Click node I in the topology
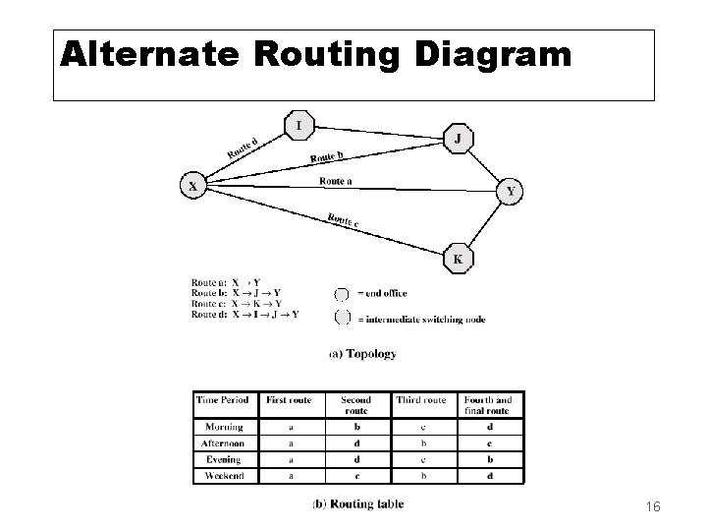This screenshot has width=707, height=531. click(300, 125)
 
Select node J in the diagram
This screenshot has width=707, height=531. click(457, 139)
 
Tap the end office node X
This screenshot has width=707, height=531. click(194, 185)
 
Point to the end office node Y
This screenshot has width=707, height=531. click(509, 191)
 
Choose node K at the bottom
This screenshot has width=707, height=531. click(457, 259)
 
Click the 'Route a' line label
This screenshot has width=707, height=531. click(337, 180)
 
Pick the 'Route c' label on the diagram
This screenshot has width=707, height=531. click(343, 221)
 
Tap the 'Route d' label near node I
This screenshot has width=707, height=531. click(242, 147)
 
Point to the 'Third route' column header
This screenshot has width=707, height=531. click(421, 400)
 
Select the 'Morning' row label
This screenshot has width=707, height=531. click(225, 427)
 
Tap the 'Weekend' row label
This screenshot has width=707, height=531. click(225, 475)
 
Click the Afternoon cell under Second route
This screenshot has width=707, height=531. click(355, 443)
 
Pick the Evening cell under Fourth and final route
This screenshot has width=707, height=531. click(489, 459)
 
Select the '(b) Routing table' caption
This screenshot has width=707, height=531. click(357, 504)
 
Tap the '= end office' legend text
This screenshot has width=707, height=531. click(381, 293)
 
